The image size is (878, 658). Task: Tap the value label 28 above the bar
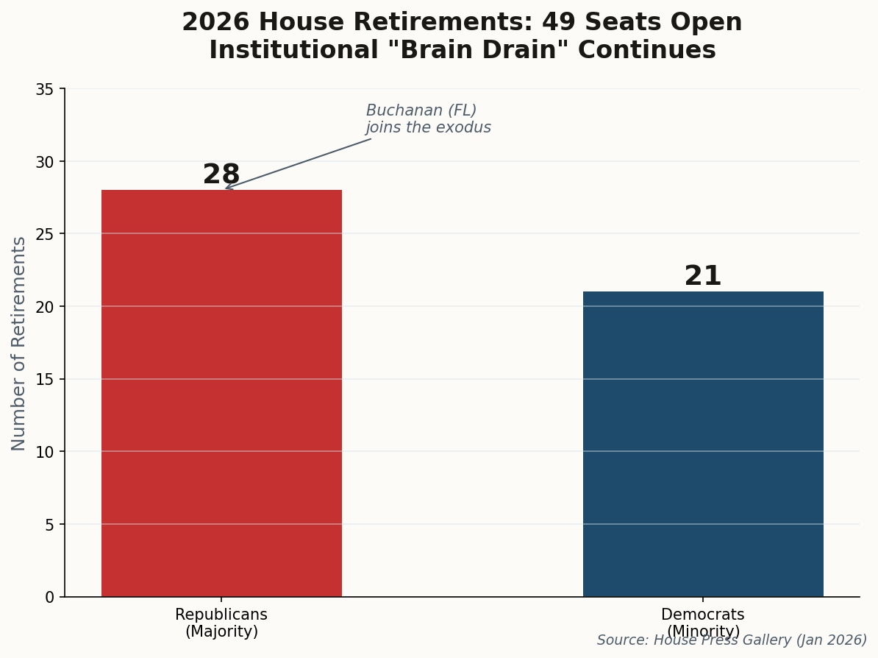pos(221,175)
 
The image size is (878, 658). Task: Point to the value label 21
pos(703,277)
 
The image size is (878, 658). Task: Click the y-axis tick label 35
pos(45,89)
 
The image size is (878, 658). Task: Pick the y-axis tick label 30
pos(45,162)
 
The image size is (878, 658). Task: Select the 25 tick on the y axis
pos(45,234)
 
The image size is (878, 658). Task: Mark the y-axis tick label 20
pos(45,307)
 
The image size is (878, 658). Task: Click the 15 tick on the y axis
pos(45,379)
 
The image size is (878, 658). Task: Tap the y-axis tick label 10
pos(45,452)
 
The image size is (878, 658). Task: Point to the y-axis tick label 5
pos(49,525)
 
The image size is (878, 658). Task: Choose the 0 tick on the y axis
pos(49,597)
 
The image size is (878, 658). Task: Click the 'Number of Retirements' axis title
pos(19,343)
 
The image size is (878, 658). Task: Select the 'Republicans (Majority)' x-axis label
pos(221,623)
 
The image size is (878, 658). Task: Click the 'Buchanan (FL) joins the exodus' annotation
pos(428,119)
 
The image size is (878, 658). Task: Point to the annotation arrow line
pos(298,163)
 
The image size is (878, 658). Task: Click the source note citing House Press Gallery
pos(732,640)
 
